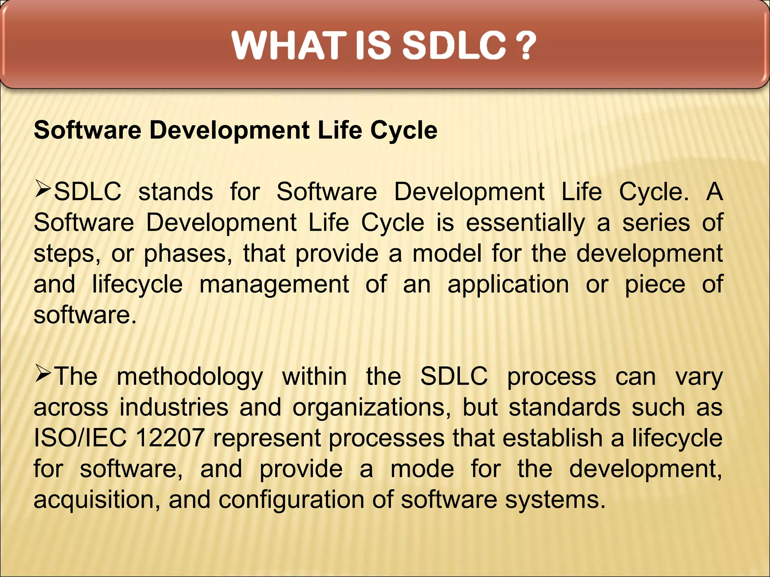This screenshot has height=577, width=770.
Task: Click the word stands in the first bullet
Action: click(176, 192)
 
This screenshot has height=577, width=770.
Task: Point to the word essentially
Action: click(525, 223)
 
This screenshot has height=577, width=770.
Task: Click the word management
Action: click(274, 284)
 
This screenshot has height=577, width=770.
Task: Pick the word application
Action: click(508, 284)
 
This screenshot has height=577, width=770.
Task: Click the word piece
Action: click(655, 284)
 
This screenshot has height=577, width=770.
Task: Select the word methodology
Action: click(190, 377)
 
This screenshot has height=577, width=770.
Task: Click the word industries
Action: click(174, 408)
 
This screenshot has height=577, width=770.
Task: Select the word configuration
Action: click(291, 500)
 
